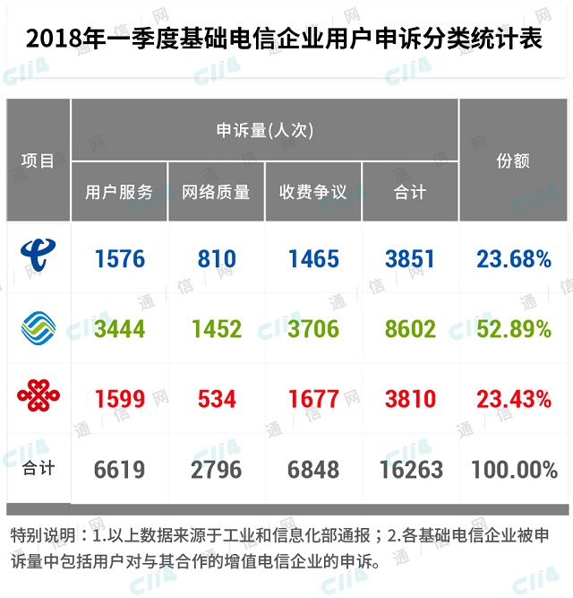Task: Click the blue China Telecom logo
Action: (38, 258)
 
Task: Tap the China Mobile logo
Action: (38, 328)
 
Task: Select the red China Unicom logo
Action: (38, 397)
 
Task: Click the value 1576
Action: (119, 259)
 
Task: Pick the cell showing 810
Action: (217, 259)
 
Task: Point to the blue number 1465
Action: (313, 259)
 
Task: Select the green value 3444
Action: (119, 329)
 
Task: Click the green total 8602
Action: (410, 329)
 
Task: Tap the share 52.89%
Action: (514, 329)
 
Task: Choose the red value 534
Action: (217, 398)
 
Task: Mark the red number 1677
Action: (313, 398)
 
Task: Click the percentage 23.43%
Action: (514, 398)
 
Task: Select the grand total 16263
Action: (410, 469)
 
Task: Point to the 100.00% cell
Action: (514, 469)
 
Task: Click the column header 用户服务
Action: (119, 192)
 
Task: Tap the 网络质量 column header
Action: (217, 192)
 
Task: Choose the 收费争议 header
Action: (313, 192)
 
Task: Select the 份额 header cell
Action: (514, 160)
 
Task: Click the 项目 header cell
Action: (38, 160)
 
